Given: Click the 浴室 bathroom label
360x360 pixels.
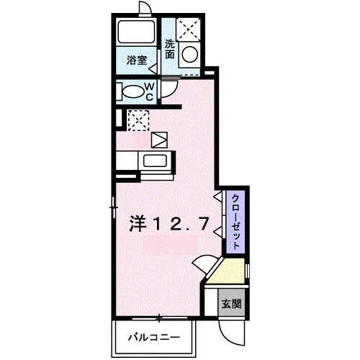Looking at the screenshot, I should [138, 61].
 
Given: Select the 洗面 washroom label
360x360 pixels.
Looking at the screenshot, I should [170, 48].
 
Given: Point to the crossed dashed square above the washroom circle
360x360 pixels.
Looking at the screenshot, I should [189, 29].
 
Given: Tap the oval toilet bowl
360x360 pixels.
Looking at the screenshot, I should [132, 91].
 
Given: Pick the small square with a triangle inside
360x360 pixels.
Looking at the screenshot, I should [158, 138].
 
